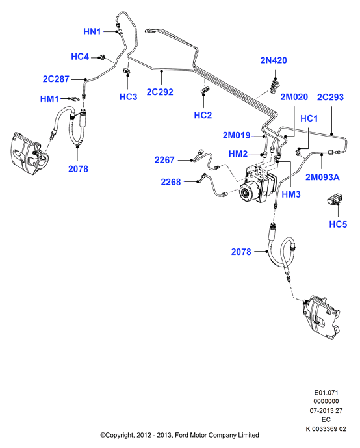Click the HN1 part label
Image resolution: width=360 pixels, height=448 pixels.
(92, 31)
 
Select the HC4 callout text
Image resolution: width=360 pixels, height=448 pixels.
(80, 57)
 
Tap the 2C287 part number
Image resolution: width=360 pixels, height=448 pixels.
(56, 79)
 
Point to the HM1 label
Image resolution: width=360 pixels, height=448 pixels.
(49, 99)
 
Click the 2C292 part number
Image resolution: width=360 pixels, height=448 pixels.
(160, 92)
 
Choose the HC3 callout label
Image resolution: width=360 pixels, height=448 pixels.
(128, 97)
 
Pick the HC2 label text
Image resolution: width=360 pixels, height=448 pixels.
(203, 115)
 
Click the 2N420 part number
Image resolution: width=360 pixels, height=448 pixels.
(274, 60)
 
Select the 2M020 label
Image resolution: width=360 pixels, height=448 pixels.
(294, 97)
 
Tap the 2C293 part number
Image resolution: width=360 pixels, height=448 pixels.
(330, 97)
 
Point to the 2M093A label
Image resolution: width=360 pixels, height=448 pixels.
(322, 177)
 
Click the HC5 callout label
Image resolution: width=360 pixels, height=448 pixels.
(338, 224)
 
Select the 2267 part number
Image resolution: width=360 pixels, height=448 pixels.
(164, 160)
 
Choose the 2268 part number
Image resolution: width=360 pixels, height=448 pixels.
(171, 182)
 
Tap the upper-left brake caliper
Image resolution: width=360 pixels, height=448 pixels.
(29, 153)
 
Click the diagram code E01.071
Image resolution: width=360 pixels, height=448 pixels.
(326, 393)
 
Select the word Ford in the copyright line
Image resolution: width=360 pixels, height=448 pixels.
(181, 435)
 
